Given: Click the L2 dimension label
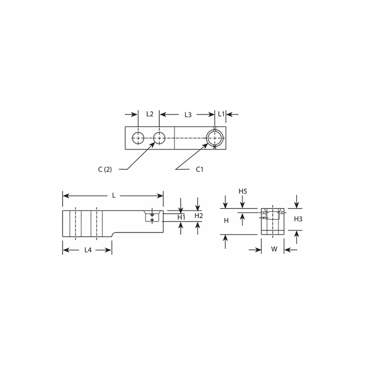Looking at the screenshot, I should pos(149,114).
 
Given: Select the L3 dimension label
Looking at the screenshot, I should pos(188,114).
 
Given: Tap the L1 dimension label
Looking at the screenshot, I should pos(221,114).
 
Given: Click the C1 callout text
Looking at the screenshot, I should pos(200,170).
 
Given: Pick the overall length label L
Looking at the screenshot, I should pos(113,195).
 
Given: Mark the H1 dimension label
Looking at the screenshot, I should pos(181,217).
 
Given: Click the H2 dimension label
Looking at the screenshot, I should pos(198,216).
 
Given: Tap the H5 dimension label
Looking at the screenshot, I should pos(243,191).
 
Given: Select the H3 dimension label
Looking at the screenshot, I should pos(298,219).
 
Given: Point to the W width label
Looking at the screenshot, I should pos(273,248).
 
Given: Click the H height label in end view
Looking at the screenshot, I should pos(226,220).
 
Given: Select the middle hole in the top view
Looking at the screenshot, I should pos(159,138).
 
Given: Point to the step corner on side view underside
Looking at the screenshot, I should pos(113,236).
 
